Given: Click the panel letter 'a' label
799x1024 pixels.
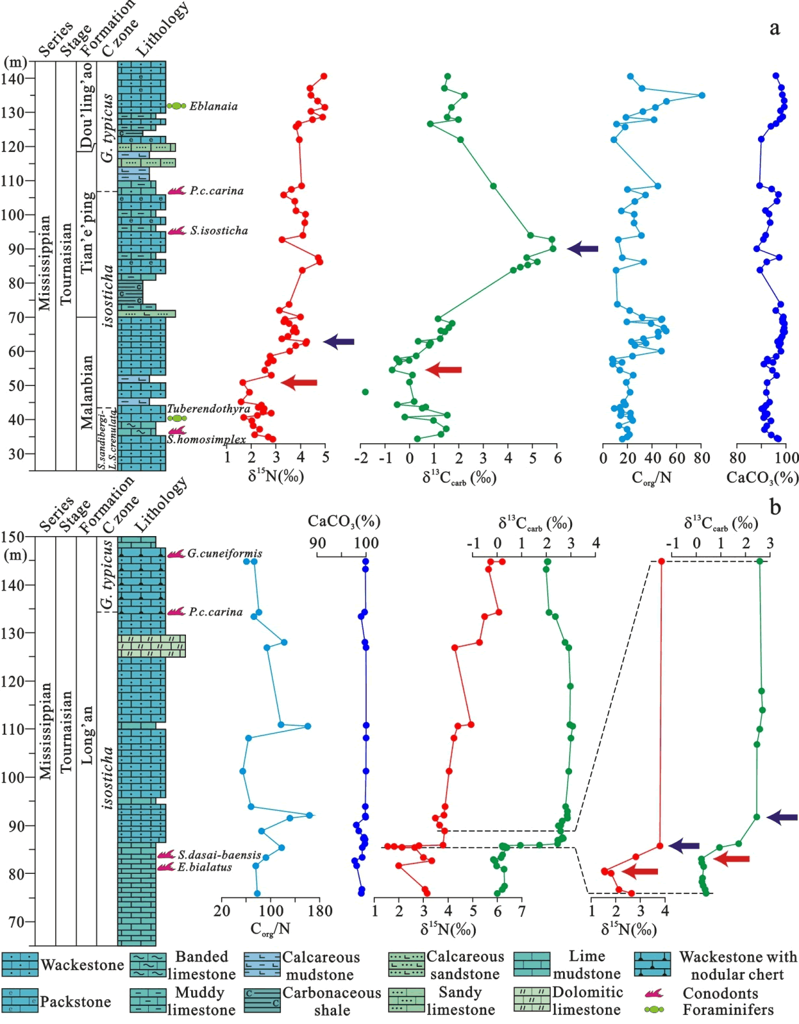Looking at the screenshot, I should pos(774,28).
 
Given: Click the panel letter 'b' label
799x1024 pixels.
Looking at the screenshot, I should pos(774,506).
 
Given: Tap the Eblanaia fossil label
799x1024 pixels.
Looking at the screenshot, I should pos(213,106).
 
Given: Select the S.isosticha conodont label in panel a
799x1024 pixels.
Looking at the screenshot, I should pos(218,231).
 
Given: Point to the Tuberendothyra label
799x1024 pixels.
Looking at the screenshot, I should pos(208,409).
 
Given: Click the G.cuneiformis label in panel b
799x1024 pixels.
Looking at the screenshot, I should pos(225,554).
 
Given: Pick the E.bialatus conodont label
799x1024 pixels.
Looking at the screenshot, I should pos(205,867).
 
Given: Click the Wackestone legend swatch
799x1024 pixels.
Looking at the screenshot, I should pos(20,964).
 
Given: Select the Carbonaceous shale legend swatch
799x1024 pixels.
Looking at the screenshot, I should pos(262,1000).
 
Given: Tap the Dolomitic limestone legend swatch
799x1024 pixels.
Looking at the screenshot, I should pos(532,1000).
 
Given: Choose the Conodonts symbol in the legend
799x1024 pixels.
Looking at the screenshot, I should pos(653,993).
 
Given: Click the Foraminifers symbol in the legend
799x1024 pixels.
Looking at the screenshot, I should pos(653,1010).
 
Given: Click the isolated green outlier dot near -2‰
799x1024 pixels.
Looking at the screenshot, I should pos(365,392).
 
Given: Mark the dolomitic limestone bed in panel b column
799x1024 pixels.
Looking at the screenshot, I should pos(151,646).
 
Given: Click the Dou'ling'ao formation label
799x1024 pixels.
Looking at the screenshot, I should pos(86,107).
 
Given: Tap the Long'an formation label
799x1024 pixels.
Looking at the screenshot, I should pos(86,734).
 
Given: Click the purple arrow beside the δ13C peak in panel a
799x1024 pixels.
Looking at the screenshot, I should pos(583,248).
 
